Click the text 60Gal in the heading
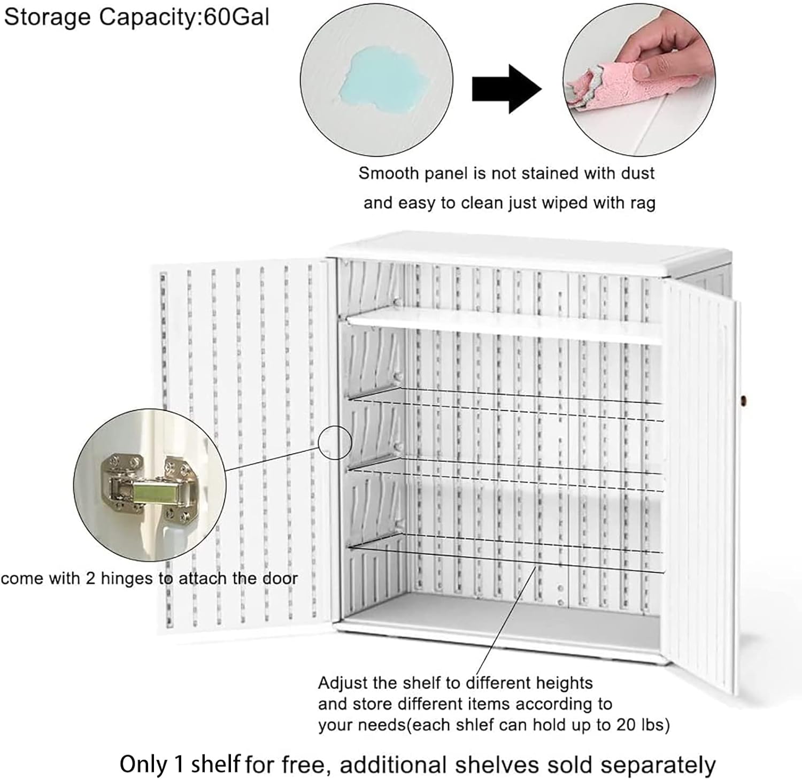pos(236,17)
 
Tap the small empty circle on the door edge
pos(335,442)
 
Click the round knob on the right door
pos(743,400)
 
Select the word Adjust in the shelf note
pos(342,683)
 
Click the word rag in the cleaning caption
pos(642,203)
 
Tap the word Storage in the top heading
pos(48,17)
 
